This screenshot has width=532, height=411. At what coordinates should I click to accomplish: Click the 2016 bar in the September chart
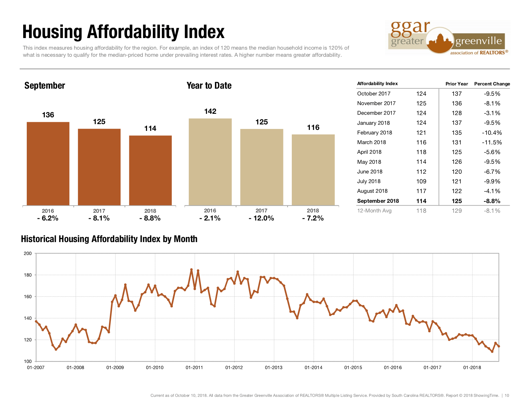[x=48, y=163]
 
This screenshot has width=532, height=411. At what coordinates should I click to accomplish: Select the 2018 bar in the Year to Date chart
[x=313, y=170]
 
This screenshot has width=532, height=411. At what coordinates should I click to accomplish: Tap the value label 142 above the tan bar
[x=210, y=112]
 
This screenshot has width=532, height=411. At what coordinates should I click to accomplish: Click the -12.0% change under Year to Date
[x=261, y=218]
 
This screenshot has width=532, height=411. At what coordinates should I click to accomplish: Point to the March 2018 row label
[x=371, y=142]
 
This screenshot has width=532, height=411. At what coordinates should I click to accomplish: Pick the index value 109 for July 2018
[x=421, y=181]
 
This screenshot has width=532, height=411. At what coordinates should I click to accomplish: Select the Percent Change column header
[x=492, y=84]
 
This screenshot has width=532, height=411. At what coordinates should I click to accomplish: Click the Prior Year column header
[x=457, y=84]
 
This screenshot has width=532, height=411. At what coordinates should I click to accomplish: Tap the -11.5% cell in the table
[x=492, y=142]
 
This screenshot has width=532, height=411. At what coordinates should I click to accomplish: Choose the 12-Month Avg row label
[x=374, y=211]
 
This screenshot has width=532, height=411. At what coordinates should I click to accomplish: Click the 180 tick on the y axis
[x=28, y=275]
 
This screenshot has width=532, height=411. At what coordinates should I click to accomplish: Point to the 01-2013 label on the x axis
[x=273, y=367]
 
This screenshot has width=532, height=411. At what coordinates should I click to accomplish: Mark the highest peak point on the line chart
[x=192, y=269]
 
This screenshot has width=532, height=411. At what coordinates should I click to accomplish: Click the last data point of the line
[x=499, y=346]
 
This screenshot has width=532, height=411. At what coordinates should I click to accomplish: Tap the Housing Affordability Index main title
[x=123, y=32]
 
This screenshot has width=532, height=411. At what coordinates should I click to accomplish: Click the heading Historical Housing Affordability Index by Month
[x=109, y=239]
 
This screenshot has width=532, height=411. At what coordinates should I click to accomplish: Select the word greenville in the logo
[x=478, y=41]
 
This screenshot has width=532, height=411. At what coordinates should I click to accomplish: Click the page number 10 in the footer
[x=507, y=396]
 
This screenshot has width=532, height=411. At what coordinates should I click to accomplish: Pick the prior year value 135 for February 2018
[x=457, y=133]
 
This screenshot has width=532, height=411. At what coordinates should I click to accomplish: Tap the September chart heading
[x=45, y=86]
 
